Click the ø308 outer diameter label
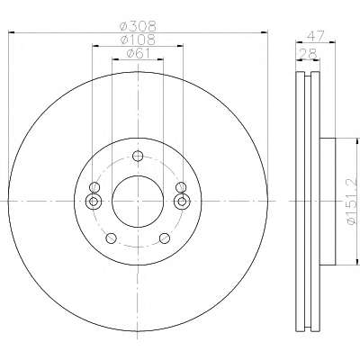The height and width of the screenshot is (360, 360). (139, 26)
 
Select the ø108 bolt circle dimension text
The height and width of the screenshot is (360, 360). (138, 40)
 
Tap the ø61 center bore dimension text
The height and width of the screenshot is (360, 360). (138, 53)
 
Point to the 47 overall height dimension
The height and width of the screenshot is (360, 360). (316, 36)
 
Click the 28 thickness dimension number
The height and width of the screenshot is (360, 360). (308, 54)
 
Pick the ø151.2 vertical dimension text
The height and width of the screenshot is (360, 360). (351, 202)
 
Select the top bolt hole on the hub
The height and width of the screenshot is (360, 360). (138, 156)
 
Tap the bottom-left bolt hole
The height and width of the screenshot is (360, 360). (111, 238)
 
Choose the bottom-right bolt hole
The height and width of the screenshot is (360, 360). (165, 238)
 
